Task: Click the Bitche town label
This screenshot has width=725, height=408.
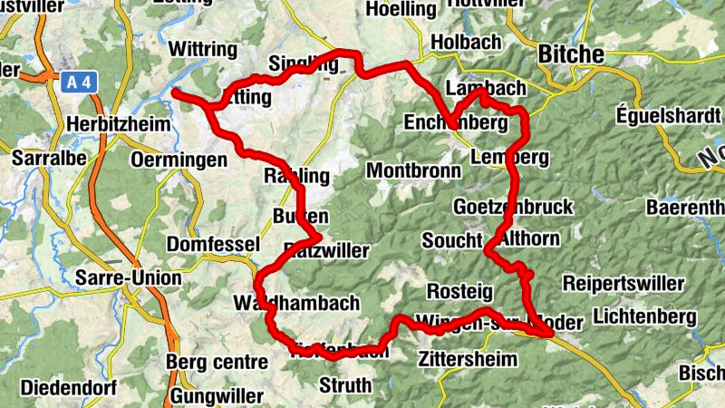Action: tap(571, 54)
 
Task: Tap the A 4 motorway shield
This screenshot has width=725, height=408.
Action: tap(79, 83)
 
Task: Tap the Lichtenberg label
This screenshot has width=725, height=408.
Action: tap(644, 316)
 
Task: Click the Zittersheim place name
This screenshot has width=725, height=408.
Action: tap(468, 359)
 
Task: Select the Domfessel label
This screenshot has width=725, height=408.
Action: tap(213, 245)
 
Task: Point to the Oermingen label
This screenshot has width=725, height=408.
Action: tap(179, 160)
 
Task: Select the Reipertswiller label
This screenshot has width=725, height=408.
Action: tap(623, 284)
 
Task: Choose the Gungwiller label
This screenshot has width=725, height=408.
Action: tap(217, 396)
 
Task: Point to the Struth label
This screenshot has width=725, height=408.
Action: tap(345, 385)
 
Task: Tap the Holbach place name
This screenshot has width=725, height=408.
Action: tap(467, 42)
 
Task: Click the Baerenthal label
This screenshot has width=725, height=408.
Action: tap(686, 208)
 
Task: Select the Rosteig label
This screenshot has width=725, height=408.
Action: tap(459, 291)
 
